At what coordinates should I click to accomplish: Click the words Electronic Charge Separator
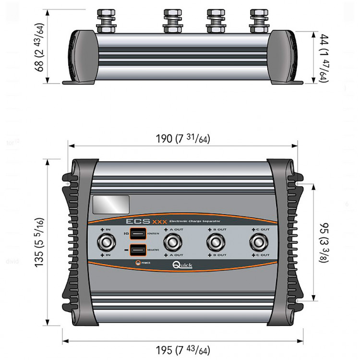(x=192, y=222)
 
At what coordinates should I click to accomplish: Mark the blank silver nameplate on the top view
(x=110, y=204)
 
